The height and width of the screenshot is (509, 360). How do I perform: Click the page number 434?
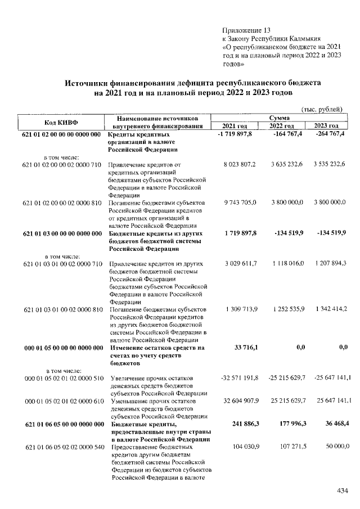[x=343, y=491]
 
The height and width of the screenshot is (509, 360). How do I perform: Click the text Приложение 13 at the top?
[x=247, y=29]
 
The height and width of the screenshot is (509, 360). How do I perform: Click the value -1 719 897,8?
[x=238, y=135]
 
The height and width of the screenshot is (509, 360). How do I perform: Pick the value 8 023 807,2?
[x=238, y=164]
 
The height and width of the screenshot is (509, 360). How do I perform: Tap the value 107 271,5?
[x=290, y=447]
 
